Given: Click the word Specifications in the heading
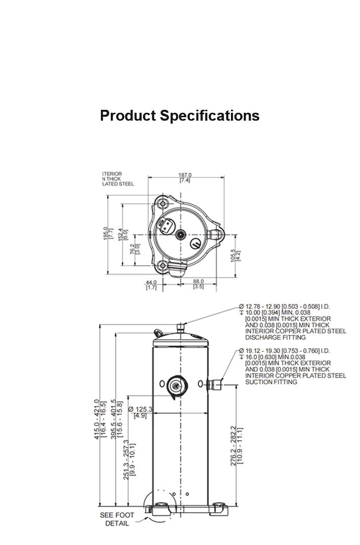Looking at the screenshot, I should coord(210,116).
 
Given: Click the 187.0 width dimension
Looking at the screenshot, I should coord(185,175).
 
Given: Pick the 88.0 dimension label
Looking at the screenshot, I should coord(199,282).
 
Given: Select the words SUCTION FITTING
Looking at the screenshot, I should coord(271,382).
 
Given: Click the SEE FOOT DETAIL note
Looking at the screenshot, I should coord(117,519).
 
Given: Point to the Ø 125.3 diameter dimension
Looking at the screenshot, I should coord(140,409).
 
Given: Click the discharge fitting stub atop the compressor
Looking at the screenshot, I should coord(180,327).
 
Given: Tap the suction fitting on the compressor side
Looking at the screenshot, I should coord(216,384).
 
